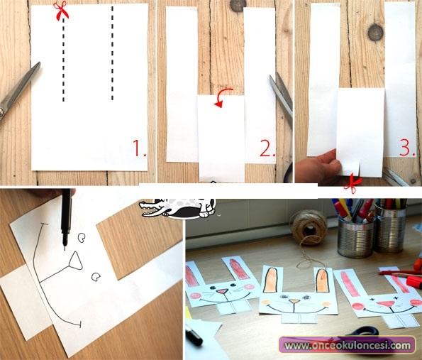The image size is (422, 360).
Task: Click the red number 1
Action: (140, 148)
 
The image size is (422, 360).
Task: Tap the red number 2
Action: (267, 148)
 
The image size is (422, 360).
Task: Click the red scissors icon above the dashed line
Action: (61, 10)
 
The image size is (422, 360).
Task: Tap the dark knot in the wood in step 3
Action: (375, 33)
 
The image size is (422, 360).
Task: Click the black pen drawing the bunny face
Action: (66, 218)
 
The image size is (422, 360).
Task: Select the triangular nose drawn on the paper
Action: (76, 261)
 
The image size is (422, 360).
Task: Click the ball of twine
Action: (309, 228)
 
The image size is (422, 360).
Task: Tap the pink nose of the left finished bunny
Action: (222, 292)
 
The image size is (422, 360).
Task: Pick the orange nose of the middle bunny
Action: (295, 301)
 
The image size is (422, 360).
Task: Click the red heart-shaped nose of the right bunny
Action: (386, 304)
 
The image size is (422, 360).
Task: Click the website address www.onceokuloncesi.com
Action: (348, 346)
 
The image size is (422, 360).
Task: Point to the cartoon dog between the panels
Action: (177, 208)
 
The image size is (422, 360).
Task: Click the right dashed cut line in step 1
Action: (112, 53)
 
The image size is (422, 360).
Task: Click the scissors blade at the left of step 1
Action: (19, 89)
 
